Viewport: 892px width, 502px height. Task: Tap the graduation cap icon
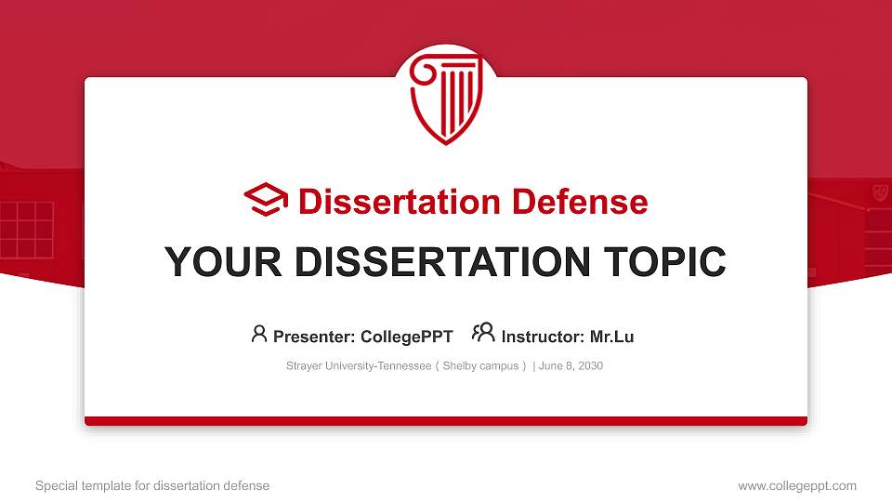coord(266,201)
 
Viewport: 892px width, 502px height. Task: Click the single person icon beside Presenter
coord(259,334)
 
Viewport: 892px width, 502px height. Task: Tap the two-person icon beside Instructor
coord(483,333)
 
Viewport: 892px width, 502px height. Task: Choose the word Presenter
coord(310,337)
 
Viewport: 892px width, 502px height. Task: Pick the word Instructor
coord(540,337)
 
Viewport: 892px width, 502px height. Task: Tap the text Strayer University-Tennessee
coord(357,366)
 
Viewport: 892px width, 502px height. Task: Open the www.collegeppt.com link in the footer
coord(796,485)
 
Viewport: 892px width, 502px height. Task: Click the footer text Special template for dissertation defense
coord(152,485)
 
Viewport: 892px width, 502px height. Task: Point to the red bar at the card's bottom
coord(446,421)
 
